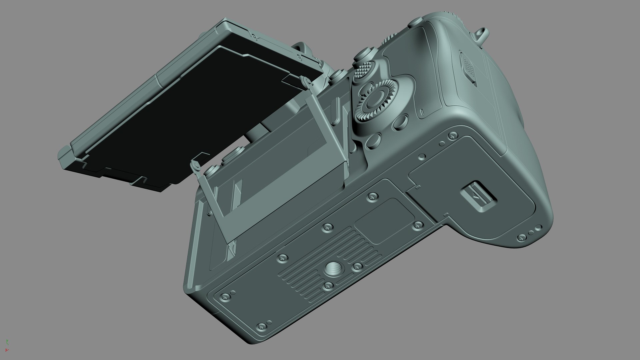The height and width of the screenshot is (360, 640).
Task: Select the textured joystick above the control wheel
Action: [362, 70]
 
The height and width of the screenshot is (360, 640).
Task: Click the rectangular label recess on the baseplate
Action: [383, 220]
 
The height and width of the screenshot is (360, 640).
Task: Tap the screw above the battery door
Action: [452, 135]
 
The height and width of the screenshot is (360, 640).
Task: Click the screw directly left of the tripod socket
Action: [283, 257]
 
